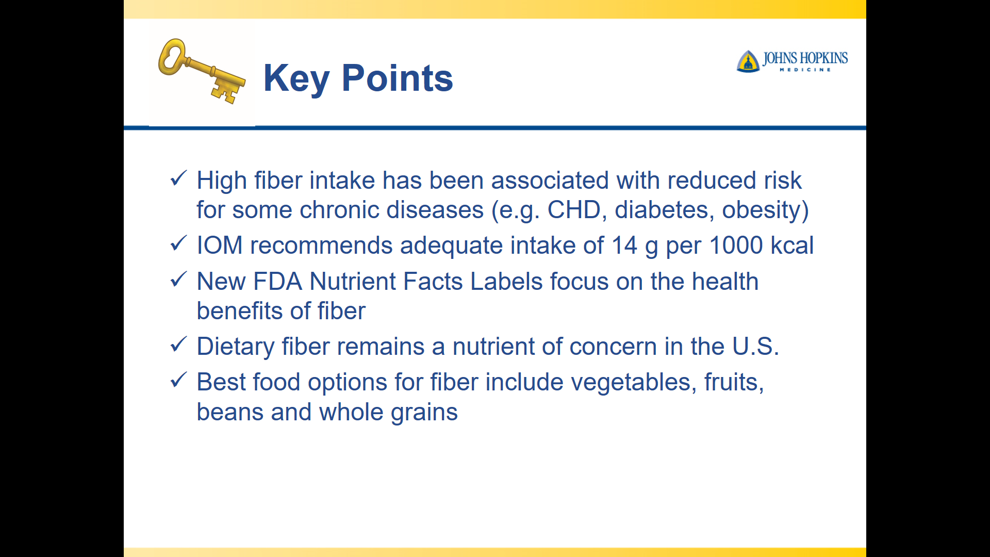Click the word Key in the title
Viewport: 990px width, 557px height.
point(296,79)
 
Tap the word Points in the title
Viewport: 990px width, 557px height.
point(398,78)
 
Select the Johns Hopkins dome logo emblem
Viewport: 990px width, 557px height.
point(748,61)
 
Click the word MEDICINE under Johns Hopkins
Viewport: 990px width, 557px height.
point(805,70)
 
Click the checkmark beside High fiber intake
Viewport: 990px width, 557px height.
point(178,178)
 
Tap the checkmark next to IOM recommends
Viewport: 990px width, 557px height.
point(178,243)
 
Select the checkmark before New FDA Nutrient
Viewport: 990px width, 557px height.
point(178,280)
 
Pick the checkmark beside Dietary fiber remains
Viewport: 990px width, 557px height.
point(178,345)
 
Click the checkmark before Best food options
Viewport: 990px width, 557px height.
point(178,380)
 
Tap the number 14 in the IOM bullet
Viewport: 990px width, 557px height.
point(624,245)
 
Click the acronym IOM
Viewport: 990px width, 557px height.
point(220,245)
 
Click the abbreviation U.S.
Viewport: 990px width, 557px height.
point(756,347)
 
